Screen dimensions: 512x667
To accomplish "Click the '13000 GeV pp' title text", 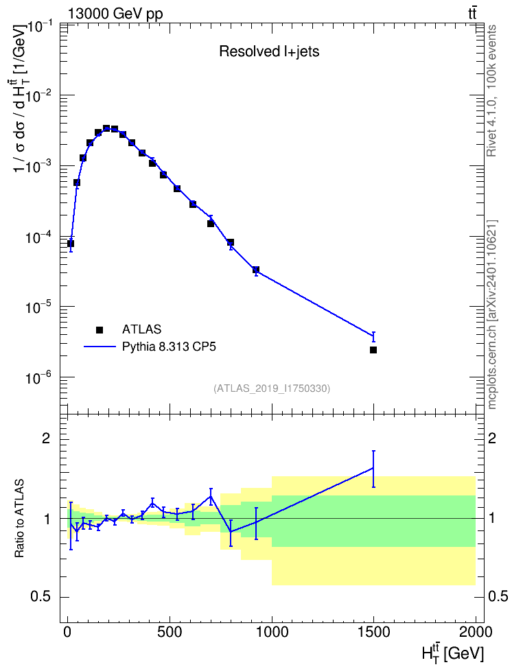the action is click(x=115, y=14).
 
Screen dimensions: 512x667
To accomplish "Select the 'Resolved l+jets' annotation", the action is click(x=269, y=51).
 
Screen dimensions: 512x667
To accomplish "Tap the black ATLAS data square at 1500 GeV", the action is click(x=373, y=350).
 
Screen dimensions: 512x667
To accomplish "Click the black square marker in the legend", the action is click(x=100, y=329).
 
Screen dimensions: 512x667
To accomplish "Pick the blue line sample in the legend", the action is click(x=100, y=347).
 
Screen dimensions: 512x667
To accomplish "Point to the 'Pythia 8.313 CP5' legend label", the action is click(x=169, y=347).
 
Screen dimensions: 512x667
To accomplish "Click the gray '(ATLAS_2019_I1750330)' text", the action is click(x=272, y=388).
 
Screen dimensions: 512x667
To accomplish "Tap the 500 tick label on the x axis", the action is click(x=170, y=631).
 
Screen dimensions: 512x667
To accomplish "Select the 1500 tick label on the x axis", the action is click(x=373, y=631).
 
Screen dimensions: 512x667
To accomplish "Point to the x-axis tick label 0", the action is click(x=68, y=631).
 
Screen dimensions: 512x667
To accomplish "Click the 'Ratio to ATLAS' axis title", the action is click(x=19, y=519).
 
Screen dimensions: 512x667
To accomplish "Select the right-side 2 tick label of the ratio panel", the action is click(x=491, y=438).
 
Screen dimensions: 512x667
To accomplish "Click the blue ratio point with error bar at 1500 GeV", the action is click(x=373, y=468).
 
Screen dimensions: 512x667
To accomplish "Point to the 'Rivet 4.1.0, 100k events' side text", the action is click(x=491, y=91).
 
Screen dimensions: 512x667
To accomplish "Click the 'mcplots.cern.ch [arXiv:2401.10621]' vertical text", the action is click(x=491, y=314).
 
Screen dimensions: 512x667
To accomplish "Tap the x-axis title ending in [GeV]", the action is click(x=453, y=652).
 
